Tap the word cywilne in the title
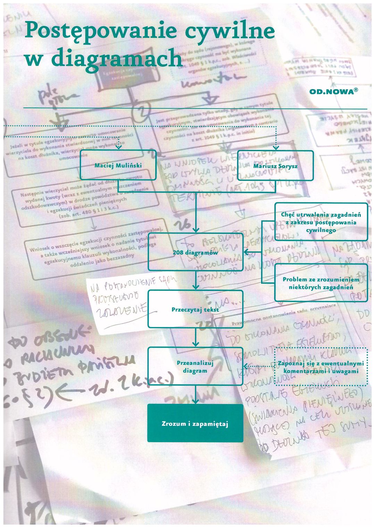tap(230, 31)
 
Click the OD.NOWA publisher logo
tap(331, 92)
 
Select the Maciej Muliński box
tap(118, 165)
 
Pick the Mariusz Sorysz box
tap(275, 166)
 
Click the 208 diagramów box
tap(195, 252)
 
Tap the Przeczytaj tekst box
tap(195, 309)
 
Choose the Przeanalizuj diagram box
tap(195, 367)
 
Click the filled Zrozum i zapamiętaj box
tap(195, 423)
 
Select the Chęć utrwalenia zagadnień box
tap(321, 222)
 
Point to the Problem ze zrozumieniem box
tap(321, 283)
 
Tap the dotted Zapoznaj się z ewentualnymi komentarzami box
tap(321, 367)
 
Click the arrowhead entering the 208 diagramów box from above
tap(196, 230)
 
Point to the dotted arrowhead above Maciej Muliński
tap(118, 147)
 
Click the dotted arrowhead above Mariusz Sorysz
tap(276, 148)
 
